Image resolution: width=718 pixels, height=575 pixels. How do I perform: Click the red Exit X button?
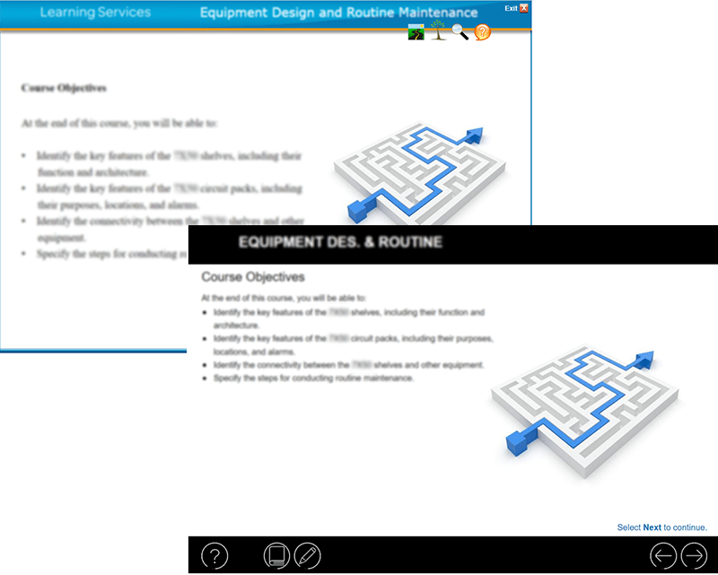[524, 8]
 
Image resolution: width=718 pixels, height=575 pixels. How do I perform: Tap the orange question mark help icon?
[483, 33]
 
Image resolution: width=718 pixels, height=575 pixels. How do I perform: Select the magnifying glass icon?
[460, 33]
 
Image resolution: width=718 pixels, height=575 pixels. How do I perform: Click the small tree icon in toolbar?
[438, 32]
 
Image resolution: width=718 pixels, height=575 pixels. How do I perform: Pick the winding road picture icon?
[416, 33]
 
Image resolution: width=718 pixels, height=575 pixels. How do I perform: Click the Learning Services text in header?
[95, 13]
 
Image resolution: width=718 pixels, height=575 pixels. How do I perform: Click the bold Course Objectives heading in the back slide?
[64, 88]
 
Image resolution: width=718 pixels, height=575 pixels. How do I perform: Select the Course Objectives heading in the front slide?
[252, 277]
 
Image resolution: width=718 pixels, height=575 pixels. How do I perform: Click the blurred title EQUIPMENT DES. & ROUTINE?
[340, 242]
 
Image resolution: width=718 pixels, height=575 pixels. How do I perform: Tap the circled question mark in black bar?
[215, 556]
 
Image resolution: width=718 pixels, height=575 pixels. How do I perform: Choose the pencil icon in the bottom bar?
[307, 556]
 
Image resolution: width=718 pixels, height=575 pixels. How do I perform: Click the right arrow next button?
[695, 556]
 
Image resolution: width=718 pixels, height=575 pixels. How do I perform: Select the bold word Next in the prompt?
[652, 527]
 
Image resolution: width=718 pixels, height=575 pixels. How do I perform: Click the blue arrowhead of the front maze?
[643, 361]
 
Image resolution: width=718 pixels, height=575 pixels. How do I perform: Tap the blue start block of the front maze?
[517, 440]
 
